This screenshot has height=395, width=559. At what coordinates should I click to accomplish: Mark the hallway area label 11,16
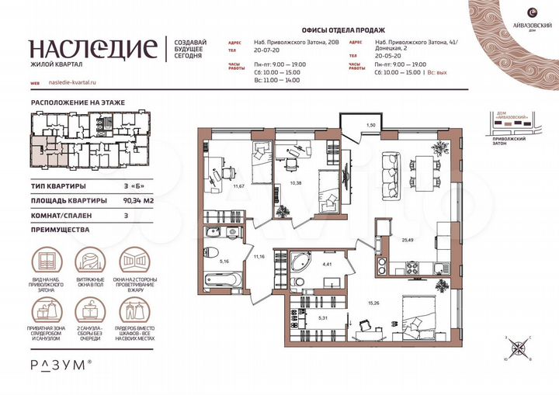pyautogui.click(x=259, y=255)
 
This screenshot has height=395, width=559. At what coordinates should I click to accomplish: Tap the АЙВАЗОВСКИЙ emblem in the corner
pyautogui.click(x=530, y=14)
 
